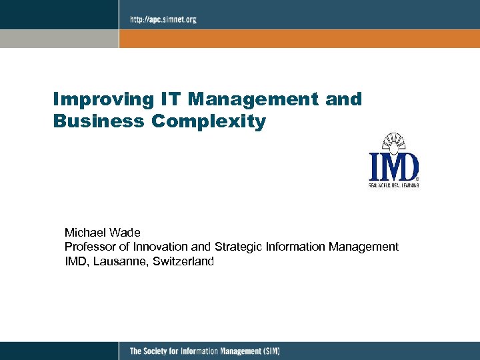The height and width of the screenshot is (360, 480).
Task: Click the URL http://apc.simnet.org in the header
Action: (163, 19)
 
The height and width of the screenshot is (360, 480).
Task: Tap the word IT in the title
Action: (170, 99)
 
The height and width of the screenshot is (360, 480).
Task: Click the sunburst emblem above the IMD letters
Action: (394, 142)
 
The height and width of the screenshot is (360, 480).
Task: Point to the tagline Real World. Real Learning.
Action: (394, 185)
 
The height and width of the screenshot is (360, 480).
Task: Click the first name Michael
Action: (84, 233)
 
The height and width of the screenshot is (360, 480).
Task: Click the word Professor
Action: (89, 247)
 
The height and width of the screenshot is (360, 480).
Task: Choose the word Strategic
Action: (239, 247)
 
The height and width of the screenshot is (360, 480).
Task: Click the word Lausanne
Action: (119, 261)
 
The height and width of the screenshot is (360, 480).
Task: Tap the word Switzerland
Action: (183, 261)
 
